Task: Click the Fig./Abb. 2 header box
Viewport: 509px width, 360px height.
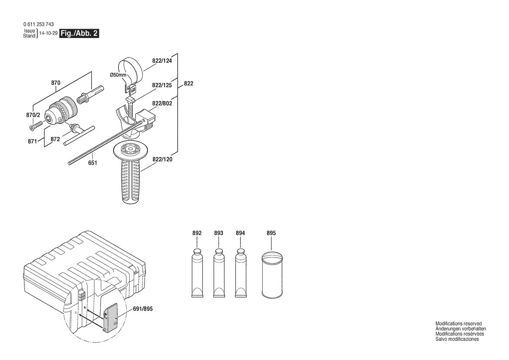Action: [79, 34]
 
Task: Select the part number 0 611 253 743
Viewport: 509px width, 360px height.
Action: [38, 25]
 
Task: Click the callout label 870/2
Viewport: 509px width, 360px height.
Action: [33, 115]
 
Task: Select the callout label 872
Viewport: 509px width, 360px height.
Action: [55, 139]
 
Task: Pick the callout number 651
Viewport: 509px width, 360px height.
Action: [92, 163]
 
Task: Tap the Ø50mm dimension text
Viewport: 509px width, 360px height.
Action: [118, 75]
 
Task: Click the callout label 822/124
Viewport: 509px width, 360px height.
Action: [162, 61]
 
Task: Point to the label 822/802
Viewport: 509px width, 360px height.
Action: [162, 103]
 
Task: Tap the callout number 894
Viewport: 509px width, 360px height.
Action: [240, 233]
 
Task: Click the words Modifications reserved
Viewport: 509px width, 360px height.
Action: [458, 323]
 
